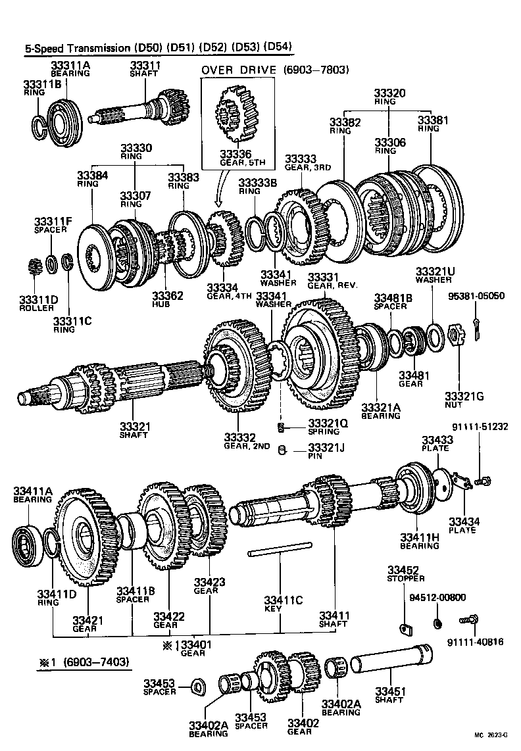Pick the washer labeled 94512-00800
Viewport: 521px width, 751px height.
click(438, 621)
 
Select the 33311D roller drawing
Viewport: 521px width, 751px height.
click(37, 268)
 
